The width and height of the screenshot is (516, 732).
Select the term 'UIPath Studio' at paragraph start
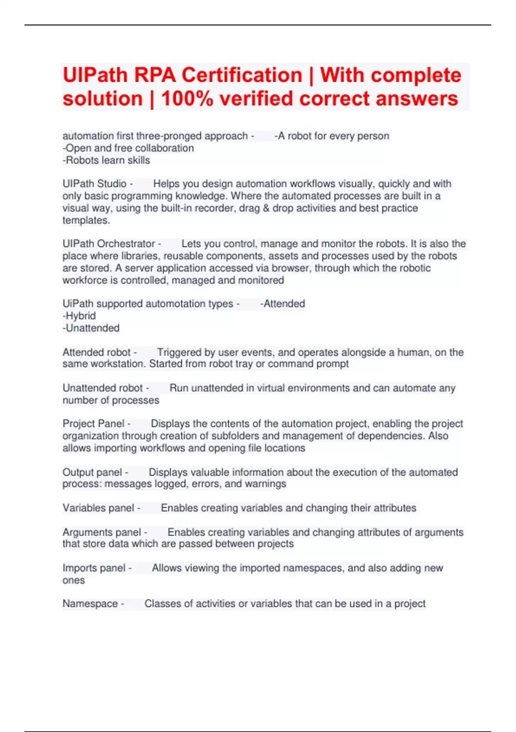tap(95, 184)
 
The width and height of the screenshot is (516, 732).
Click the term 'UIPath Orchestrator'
tap(109, 244)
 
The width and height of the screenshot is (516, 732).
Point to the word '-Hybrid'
tap(79, 316)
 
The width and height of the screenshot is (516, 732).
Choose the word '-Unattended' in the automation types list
tap(91, 328)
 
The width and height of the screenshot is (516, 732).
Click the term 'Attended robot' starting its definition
tap(97, 352)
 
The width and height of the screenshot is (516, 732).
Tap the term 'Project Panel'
tap(93, 424)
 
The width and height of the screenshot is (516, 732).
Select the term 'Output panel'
tap(92, 472)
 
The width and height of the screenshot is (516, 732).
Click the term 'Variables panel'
tap(98, 508)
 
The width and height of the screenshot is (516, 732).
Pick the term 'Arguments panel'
tap(102, 532)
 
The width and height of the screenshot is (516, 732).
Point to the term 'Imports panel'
tap(94, 568)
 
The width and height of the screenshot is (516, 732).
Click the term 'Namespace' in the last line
tap(90, 604)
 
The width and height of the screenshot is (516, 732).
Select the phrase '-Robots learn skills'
tap(106, 160)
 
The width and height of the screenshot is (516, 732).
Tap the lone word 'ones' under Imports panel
tap(74, 580)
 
